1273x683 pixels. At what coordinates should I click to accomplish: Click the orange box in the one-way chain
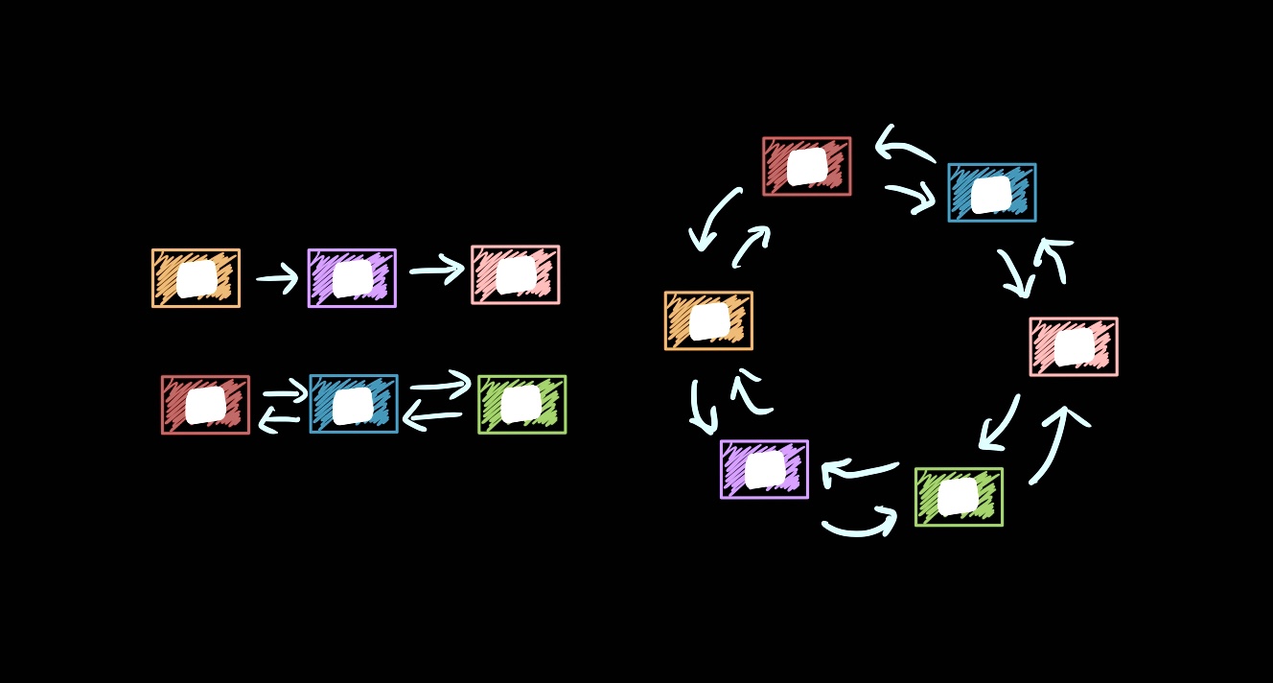coord(196,278)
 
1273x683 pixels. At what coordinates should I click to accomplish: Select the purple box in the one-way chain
coord(352,278)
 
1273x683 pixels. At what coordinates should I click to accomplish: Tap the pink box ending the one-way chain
coord(516,274)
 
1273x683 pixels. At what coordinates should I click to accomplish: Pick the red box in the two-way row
coord(205,405)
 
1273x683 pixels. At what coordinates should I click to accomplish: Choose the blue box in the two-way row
coord(353,404)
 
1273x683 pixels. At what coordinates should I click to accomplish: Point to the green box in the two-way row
coord(521,404)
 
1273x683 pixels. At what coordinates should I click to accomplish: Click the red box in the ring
coord(806,166)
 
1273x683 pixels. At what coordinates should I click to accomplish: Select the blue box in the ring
coord(991,193)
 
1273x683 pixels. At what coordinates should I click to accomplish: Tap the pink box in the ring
coord(1073,346)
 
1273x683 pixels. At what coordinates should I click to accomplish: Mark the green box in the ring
coord(959,497)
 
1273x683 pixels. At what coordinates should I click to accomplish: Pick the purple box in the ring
coord(764,469)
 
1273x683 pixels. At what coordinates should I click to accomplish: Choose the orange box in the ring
coord(708,320)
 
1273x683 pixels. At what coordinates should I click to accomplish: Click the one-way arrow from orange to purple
coord(278,279)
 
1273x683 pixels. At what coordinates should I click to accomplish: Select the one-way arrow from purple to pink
coord(437,271)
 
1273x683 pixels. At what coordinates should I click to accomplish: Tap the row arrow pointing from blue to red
coord(279,419)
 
